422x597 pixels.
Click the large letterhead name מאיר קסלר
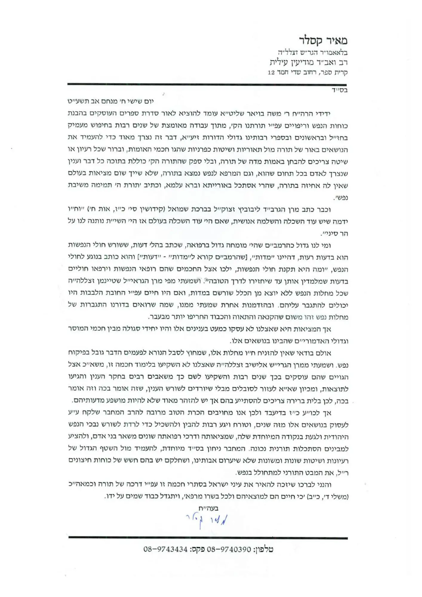click(x=323, y=40)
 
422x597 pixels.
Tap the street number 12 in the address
click(x=271, y=73)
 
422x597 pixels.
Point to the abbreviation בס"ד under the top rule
click(x=340, y=90)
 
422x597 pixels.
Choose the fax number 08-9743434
click(x=165, y=549)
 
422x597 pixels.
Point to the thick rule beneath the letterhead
click(x=207, y=84)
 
